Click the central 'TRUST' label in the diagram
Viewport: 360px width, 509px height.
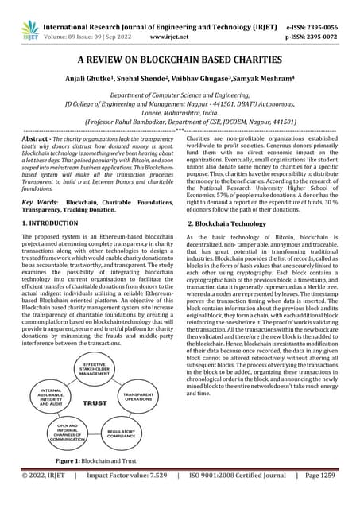pos(95,403)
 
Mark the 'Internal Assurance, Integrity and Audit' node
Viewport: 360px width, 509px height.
pos(52,395)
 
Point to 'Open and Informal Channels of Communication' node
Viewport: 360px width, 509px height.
pos(68,433)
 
